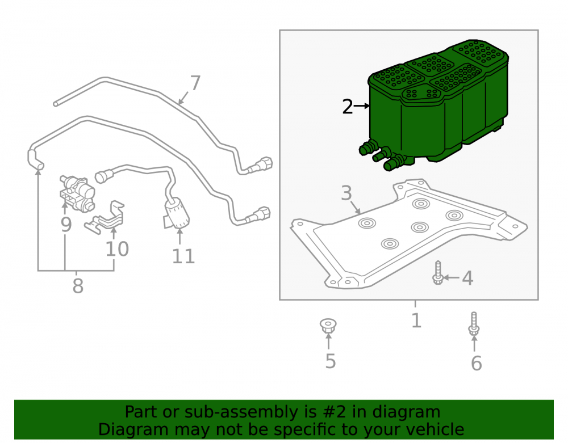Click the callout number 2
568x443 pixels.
[348, 107]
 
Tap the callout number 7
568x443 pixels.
[195, 83]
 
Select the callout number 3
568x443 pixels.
[346, 193]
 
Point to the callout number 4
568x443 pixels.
[467, 278]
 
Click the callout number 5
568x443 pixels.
[331, 361]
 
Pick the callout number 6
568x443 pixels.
[477, 363]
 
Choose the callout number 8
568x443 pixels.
[78, 286]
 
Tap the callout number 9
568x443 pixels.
[66, 224]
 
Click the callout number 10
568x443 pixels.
[117, 249]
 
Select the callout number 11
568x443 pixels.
[183, 256]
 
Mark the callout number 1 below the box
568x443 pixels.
[416, 320]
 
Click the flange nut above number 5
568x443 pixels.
[328, 326]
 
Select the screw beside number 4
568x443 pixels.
[438, 272]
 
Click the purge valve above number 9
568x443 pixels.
[77, 193]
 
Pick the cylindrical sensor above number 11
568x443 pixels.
[176, 214]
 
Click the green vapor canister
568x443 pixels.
[434, 105]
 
